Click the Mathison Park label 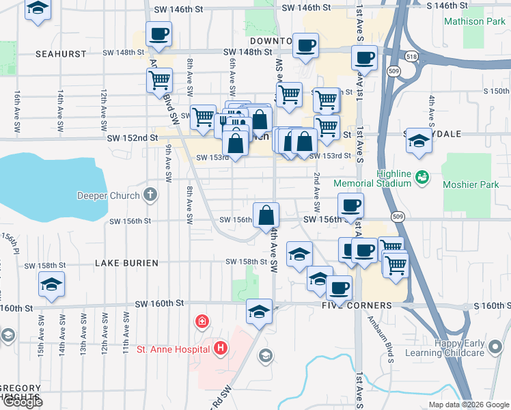click(474, 21)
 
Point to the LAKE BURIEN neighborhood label click(126, 263)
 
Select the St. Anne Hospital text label click(173, 350)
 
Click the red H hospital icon click(220, 348)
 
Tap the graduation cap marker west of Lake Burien click(51, 284)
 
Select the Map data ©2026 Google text click(468, 405)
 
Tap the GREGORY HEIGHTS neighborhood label click(20, 393)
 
